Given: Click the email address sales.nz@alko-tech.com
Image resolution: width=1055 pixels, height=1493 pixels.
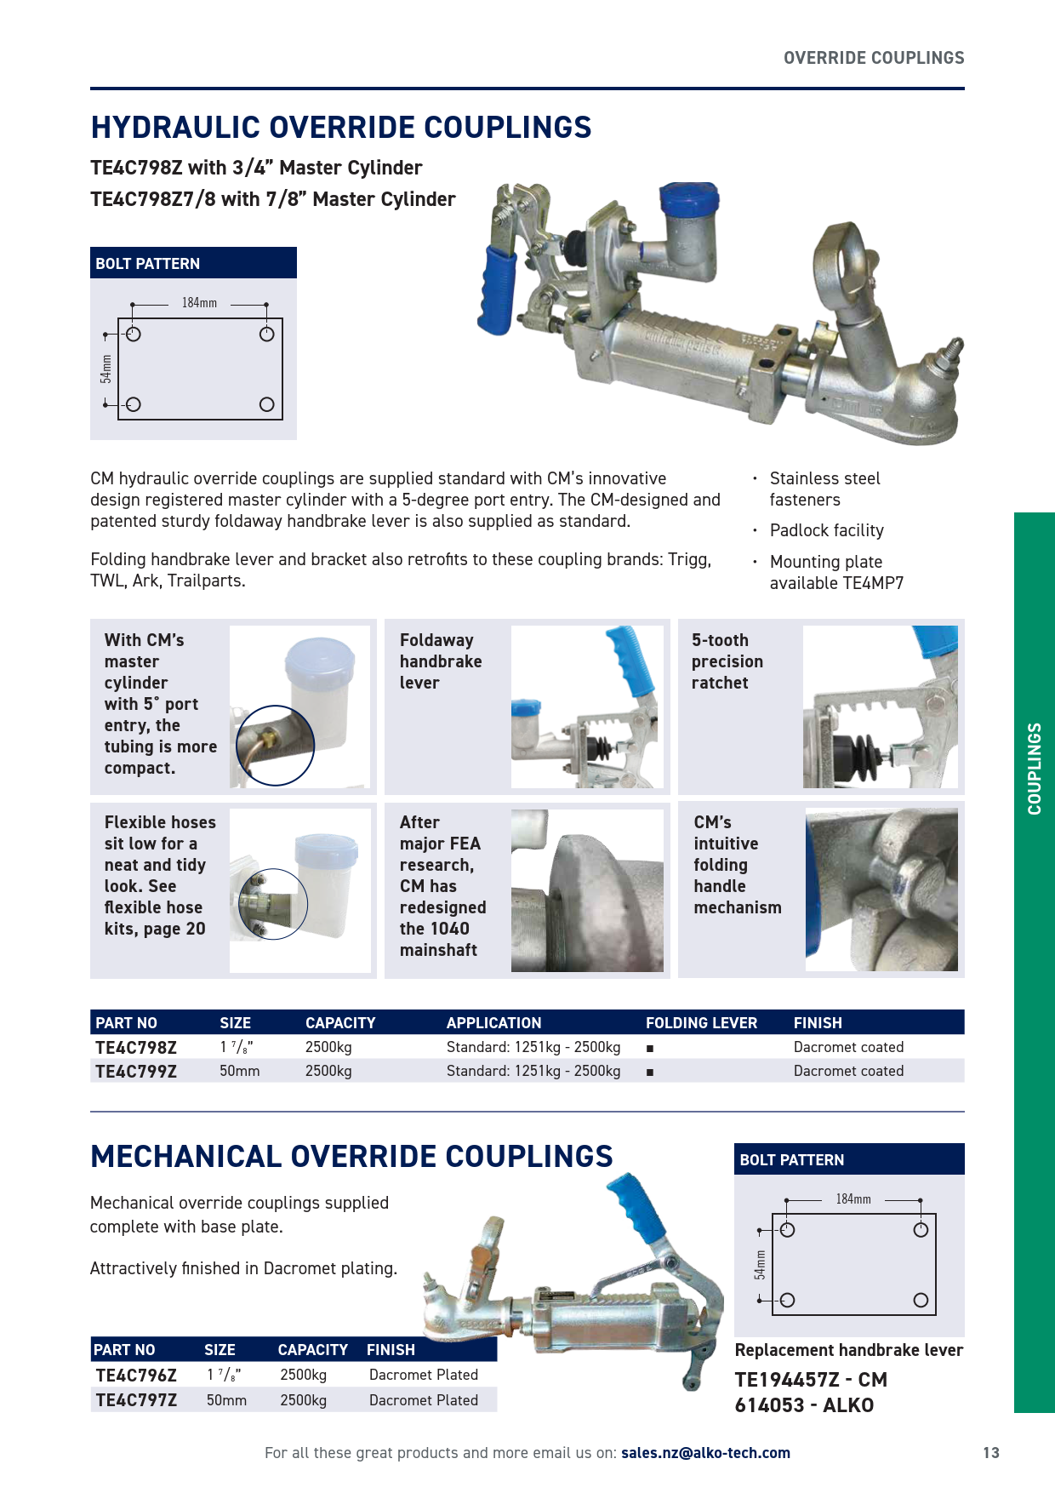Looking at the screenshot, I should [705, 1453].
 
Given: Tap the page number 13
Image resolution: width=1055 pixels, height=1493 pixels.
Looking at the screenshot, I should [991, 1453].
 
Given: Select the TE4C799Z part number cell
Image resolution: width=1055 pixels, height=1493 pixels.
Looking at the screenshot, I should [136, 1072].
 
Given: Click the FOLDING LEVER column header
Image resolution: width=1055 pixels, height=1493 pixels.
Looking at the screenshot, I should [701, 1023].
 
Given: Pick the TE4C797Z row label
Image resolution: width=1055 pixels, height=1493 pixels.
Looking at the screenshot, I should [136, 1400].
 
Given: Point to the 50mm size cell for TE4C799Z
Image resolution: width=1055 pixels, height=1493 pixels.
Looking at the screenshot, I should [239, 1071].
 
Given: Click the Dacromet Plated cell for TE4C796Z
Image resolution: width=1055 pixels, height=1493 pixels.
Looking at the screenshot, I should [423, 1375].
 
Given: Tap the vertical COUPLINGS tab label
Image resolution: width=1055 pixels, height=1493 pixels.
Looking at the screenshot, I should [1035, 769].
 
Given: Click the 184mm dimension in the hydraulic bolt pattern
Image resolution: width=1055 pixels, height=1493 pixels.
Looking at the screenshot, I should [199, 303].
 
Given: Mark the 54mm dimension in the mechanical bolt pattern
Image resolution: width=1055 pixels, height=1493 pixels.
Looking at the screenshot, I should [760, 1265].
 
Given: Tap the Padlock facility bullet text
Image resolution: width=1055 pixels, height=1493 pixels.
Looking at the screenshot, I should [826, 530].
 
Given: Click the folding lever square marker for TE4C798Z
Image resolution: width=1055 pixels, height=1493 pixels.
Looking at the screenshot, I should [650, 1048].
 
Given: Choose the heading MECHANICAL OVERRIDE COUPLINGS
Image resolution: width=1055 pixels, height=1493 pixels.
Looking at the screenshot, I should [351, 1157].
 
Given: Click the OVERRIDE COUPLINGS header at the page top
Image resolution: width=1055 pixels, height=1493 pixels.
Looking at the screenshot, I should [874, 58].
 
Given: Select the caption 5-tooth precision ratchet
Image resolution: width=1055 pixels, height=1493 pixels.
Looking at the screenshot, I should [727, 661].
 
